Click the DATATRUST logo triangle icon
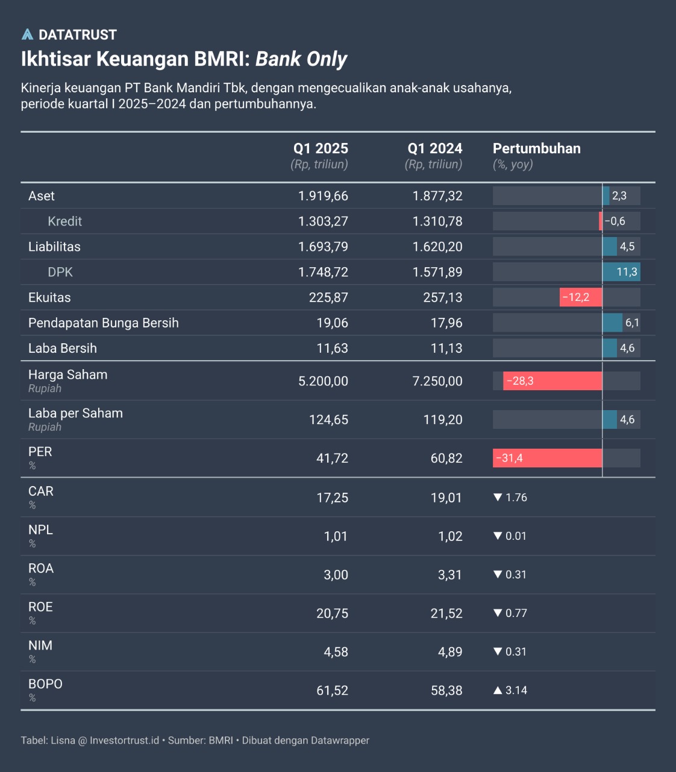(x=27, y=34)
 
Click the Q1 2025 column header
(x=321, y=148)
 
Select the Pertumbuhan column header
(x=536, y=148)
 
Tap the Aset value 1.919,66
(x=323, y=196)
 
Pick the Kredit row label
(x=64, y=221)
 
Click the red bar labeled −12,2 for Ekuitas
(x=580, y=297)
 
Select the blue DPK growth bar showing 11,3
(x=621, y=272)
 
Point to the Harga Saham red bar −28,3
(x=552, y=381)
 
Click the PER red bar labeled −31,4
(x=547, y=458)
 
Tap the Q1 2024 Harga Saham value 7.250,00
(x=437, y=381)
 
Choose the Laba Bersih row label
(x=63, y=348)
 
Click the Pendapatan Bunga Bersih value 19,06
(x=333, y=323)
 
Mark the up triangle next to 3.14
(x=498, y=690)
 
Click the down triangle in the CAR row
(x=498, y=498)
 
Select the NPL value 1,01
(x=336, y=536)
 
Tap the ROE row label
(x=40, y=607)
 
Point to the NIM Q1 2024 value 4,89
(x=450, y=652)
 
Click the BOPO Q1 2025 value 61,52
(x=333, y=691)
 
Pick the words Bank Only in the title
(x=301, y=59)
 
